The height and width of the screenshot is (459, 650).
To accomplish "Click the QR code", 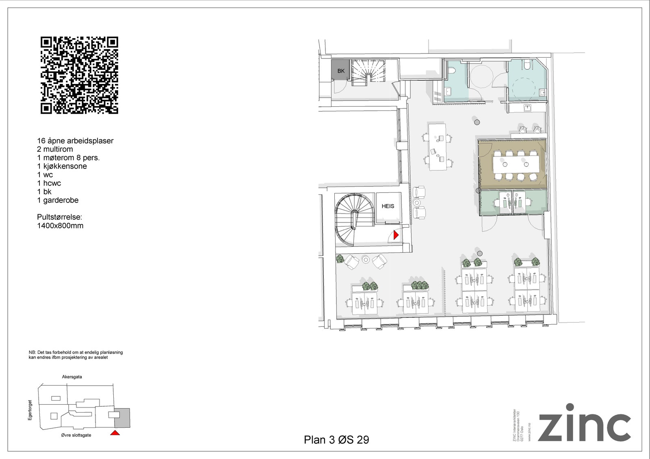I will pyautogui.click(x=79, y=75).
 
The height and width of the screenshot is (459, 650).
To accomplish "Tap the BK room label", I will pyautogui.click(x=341, y=71).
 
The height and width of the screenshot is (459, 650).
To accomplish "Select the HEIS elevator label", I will pyautogui.click(x=388, y=206).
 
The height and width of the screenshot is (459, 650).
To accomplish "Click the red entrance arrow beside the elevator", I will pyautogui.click(x=396, y=235).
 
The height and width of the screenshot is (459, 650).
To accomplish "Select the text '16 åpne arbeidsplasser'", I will pyautogui.click(x=75, y=141).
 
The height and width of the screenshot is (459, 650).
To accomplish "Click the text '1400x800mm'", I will pyautogui.click(x=60, y=226).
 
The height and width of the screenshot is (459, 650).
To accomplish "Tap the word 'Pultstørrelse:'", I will pyautogui.click(x=59, y=217).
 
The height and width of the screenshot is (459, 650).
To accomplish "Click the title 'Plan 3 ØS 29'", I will pyautogui.click(x=336, y=440).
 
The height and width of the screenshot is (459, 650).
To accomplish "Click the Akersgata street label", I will pyautogui.click(x=72, y=377).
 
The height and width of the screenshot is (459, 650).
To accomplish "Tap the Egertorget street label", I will pyautogui.click(x=30, y=410).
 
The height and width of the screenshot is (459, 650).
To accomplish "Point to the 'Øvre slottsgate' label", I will pyautogui.click(x=76, y=435).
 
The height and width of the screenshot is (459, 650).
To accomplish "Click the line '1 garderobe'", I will pyautogui.click(x=58, y=200).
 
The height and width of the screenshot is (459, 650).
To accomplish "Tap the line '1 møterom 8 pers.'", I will pyautogui.click(x=68, y=158).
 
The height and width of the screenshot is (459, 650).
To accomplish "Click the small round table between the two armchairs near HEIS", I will pyautogui.click(x=417, y=202).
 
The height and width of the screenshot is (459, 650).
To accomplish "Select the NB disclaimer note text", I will pyautogui.click(x=76, y=355).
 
